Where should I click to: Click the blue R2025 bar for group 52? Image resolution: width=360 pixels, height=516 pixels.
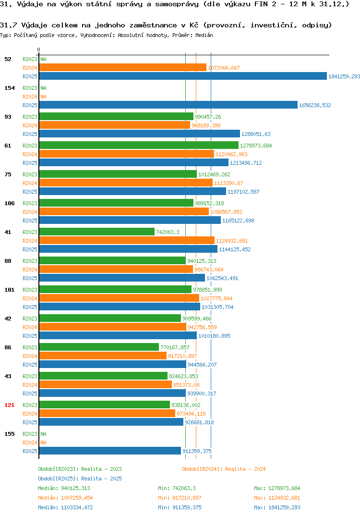(x=183, y=76)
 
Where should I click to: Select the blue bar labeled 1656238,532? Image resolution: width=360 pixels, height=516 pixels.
(x=168, y=105)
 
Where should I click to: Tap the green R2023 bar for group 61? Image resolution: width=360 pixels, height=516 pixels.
(x=139, y=146)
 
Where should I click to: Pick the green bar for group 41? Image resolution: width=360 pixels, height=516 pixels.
(x=97, y=232)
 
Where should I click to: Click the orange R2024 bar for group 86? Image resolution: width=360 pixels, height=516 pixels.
(x=103, y=356)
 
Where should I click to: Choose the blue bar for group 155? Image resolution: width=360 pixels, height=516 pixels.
(x=110, y=451)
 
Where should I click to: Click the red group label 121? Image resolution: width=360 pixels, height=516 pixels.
(x=10, y=405)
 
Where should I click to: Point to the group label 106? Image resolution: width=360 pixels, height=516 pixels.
(x=10, y=203)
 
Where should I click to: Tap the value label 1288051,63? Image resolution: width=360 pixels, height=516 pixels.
(x=256, y=134)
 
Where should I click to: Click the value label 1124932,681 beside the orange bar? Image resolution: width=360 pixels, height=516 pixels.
(x=232, y=241)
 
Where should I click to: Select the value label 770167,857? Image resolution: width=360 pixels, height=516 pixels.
(x=175, y=347)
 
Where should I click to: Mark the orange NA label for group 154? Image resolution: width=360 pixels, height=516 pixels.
(x=43, y=97)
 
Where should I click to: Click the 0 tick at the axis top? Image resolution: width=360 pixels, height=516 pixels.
(x=39, y=49)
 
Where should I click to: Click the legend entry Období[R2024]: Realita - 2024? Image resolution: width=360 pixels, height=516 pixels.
(x=224, y=469)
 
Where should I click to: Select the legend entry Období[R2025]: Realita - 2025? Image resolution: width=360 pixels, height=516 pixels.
(x=80, y=479)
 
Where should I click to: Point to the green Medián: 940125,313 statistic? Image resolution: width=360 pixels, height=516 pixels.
(x=64, y=488)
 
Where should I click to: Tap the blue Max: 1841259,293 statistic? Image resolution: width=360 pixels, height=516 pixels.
(x=277, y=507)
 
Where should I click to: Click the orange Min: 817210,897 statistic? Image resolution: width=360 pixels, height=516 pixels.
(x=180, y=498)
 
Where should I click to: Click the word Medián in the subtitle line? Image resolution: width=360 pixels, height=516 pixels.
(x=204, y=35)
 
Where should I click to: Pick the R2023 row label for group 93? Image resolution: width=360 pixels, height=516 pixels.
(x=30, y=117)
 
